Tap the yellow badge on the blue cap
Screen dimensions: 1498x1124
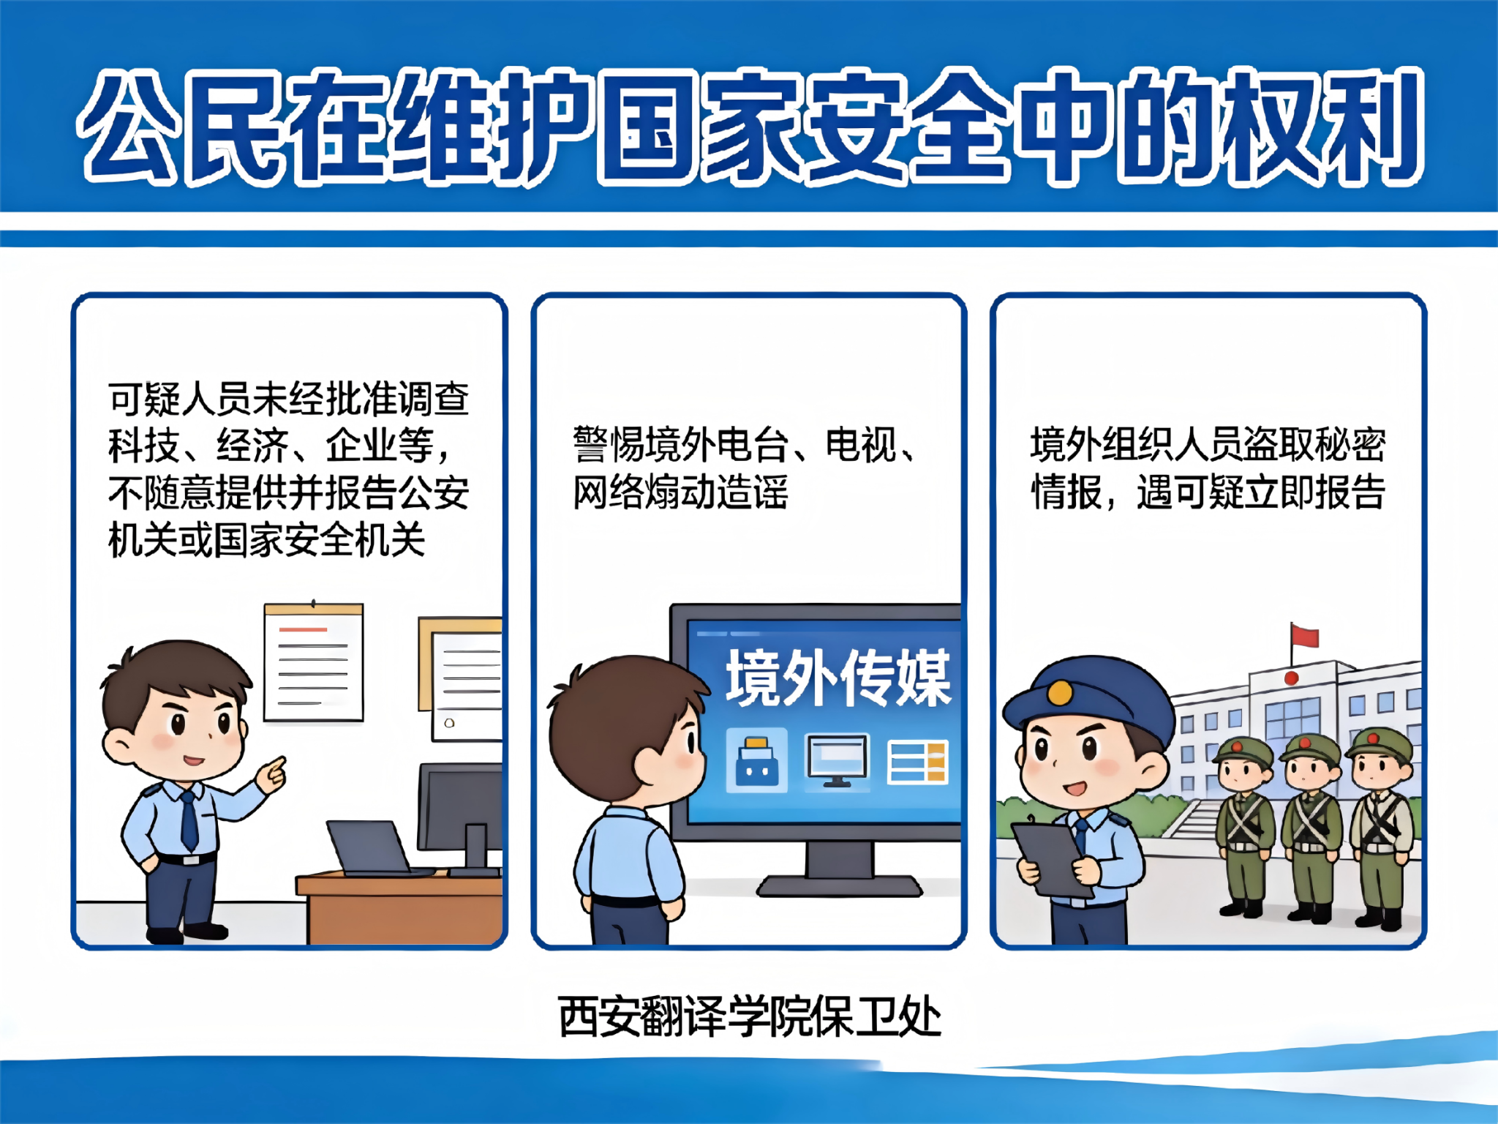click(1059, 692)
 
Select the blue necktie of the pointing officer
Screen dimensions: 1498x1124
click(189, 820)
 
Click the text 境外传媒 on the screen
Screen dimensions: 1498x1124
click(838, 678)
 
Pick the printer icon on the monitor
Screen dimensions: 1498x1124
click(756, 761)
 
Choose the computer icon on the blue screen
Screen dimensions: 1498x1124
click(838, 761)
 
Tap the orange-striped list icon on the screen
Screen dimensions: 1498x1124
click(917, 762)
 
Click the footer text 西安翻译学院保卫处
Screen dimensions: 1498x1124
click(749, 1017)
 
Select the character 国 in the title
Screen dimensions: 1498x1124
click(646, 126)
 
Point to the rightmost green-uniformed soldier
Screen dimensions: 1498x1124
click(1380, 827)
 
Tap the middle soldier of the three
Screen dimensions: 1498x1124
click(1312, 827)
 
